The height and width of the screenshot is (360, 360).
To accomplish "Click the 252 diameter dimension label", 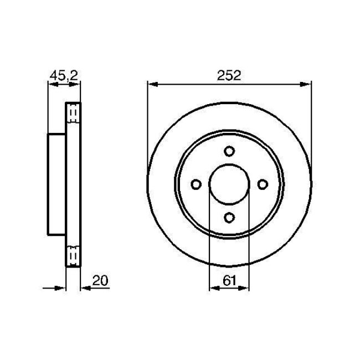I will pos(229,76).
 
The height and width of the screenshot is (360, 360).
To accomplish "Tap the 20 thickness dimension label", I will pos(100,281).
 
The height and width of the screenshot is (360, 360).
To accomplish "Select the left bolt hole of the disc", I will pos(196,184).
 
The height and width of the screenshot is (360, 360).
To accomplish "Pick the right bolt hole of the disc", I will pos(263,184).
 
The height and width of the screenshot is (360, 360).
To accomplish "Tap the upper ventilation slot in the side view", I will pos(73,114).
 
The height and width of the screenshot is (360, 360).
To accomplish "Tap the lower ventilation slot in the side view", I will pos(73,255).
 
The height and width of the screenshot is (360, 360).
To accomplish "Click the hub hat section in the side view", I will pos(57,184).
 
